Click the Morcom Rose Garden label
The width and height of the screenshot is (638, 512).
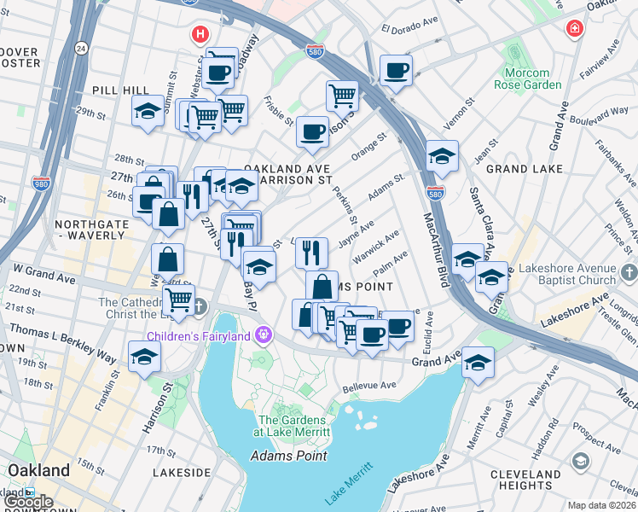(x=527, y=79)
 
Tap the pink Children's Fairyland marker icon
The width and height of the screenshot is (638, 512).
(x=264, y=334)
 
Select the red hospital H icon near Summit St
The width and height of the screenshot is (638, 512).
(x=200, y=35)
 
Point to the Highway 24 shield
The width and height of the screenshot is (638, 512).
(x=81, y=47)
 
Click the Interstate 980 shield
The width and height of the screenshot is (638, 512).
(x=40, y=183)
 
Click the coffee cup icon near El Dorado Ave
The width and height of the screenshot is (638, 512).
(x=396, y=70)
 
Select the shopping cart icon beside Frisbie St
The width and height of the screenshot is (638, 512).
(x=342, y=95)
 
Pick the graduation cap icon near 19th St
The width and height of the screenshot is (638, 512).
(x=145, y=357)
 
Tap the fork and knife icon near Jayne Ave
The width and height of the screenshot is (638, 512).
(x=311, y=252)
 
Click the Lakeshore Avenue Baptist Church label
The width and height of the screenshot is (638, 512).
(x=566, y=273)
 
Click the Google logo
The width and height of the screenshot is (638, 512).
(x=28, y=502)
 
